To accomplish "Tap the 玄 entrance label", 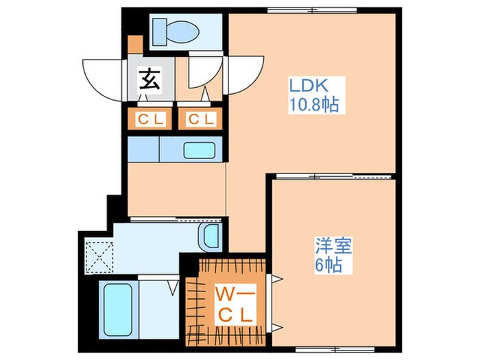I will coord(150,80).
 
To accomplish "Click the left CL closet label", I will coord(150,119).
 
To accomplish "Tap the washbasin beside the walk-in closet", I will coord(209,236).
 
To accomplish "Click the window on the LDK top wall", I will coord(312,10).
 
